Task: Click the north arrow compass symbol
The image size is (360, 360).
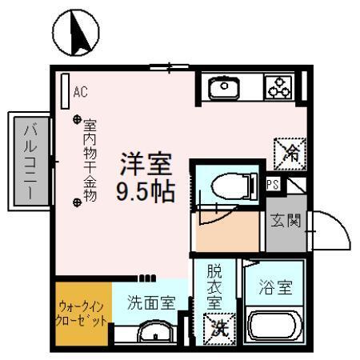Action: pos(81,32)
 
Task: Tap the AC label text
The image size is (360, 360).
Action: pos(80,92)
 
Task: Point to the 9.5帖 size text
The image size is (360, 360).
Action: pos(146,193)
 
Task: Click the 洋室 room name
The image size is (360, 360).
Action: pos(146,164)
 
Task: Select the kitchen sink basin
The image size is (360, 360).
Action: pos(226,86)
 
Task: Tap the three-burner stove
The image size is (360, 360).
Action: pos(279,87)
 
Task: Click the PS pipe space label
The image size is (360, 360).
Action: pos(273,185)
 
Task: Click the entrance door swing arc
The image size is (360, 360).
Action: pos(332,232)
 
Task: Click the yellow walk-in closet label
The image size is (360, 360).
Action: pos(83,312)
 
